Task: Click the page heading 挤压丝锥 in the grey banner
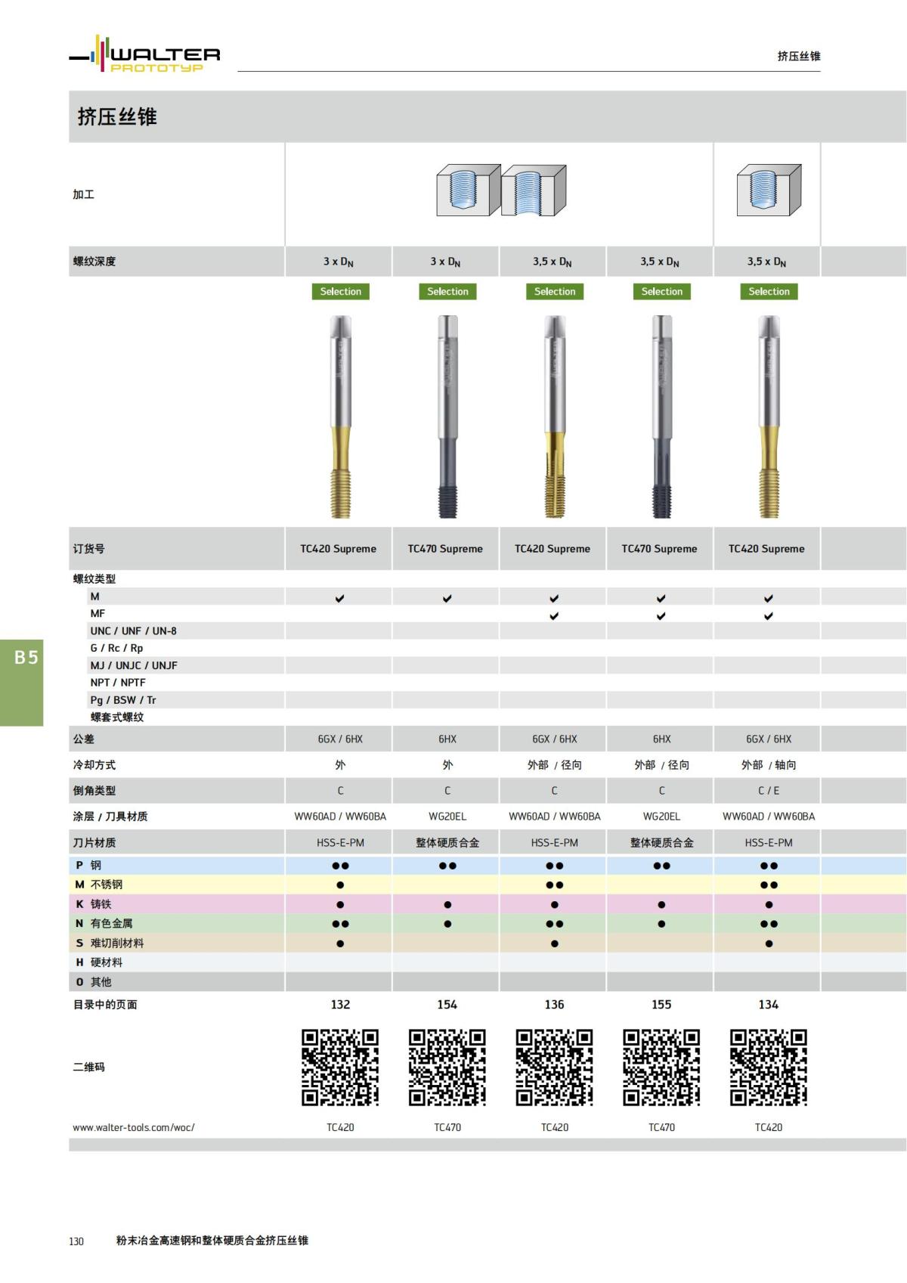click(117, 116)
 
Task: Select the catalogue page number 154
click(447, 1004)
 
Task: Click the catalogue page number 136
click(554, 1004)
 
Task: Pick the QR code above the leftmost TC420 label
click(340, 1067)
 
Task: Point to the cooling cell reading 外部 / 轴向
click(768, 764)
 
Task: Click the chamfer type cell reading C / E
click(768, 790)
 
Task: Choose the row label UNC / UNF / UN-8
click(133, 631)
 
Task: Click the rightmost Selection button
click(769, 291)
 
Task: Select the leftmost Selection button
click(340, 291)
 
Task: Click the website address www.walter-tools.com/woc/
click(134, 1126)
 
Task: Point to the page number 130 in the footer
click(76, 1241)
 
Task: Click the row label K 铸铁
click(93, 903)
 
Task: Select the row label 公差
click(84, 739)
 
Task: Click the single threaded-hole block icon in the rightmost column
click(769, 191)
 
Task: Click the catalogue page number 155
click(661, 1004)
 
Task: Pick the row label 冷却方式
click(94, 764)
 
